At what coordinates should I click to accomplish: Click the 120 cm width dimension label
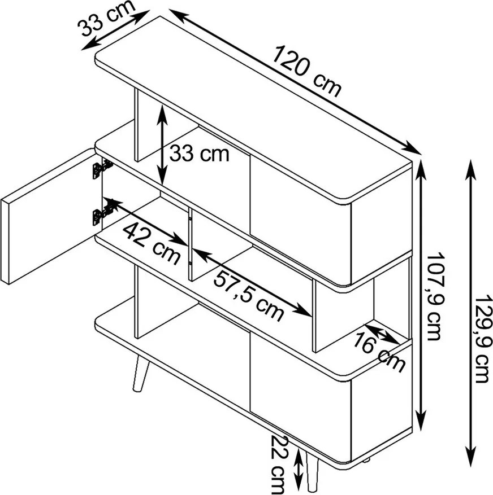307,72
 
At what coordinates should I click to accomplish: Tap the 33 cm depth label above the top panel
106,19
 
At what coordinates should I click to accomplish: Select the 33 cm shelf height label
199,154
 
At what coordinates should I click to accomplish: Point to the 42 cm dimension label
151,243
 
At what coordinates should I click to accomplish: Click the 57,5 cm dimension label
248,296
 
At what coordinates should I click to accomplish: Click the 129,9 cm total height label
484,339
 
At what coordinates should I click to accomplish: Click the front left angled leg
140,374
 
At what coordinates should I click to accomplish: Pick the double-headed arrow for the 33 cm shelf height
162,145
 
